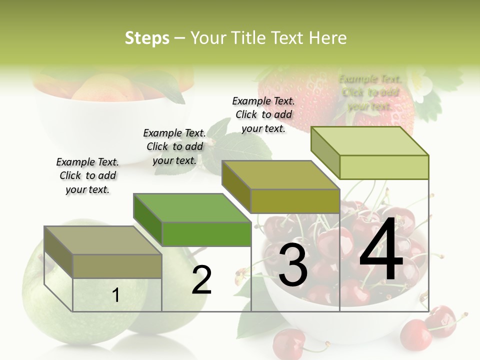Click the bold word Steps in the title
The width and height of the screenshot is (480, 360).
coord(147,38)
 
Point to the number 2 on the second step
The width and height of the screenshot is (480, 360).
coord(202,280)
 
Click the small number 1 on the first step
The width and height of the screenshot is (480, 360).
coord(115,295)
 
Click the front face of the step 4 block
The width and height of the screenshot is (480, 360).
coord(384,167)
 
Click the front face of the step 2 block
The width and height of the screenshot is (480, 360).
coord(206,234)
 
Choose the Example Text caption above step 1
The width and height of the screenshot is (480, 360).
coord(87,175)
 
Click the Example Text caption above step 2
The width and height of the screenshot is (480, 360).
coord(174,146)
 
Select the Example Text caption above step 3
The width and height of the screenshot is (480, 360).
coord(263,114)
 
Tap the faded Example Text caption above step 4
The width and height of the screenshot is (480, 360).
coord(370,92)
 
